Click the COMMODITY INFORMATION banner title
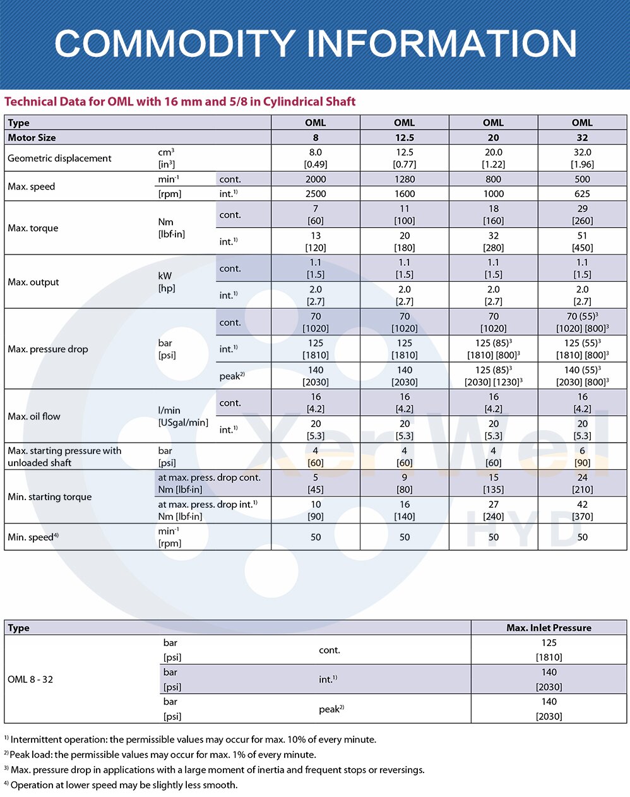(x=316, y=44)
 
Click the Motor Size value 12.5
(x=404, y=138)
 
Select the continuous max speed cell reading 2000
(x=316, y=179)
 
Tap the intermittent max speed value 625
(x=582, y=194)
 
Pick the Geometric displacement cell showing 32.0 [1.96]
(x=582, y=159)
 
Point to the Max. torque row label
(x=33, y=228)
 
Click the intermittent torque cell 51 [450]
(x=582, y=242)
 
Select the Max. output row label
(x=33, y=282)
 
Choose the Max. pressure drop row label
(x=48, y=349)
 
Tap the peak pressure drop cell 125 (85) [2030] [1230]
(x=493, y=376)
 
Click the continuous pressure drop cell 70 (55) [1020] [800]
(x=582, y=322)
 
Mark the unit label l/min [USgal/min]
(x=183, y=416)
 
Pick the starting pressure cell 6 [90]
(x=582, y=457)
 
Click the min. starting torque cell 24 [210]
(x=582, y=484)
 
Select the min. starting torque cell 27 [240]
(x=493, y=510)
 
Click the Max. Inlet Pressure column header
(x=549, y=628)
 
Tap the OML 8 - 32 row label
(x=30, y=680)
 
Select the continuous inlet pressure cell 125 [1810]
(x=549, y=650)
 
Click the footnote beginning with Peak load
(x=163, y=755)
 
